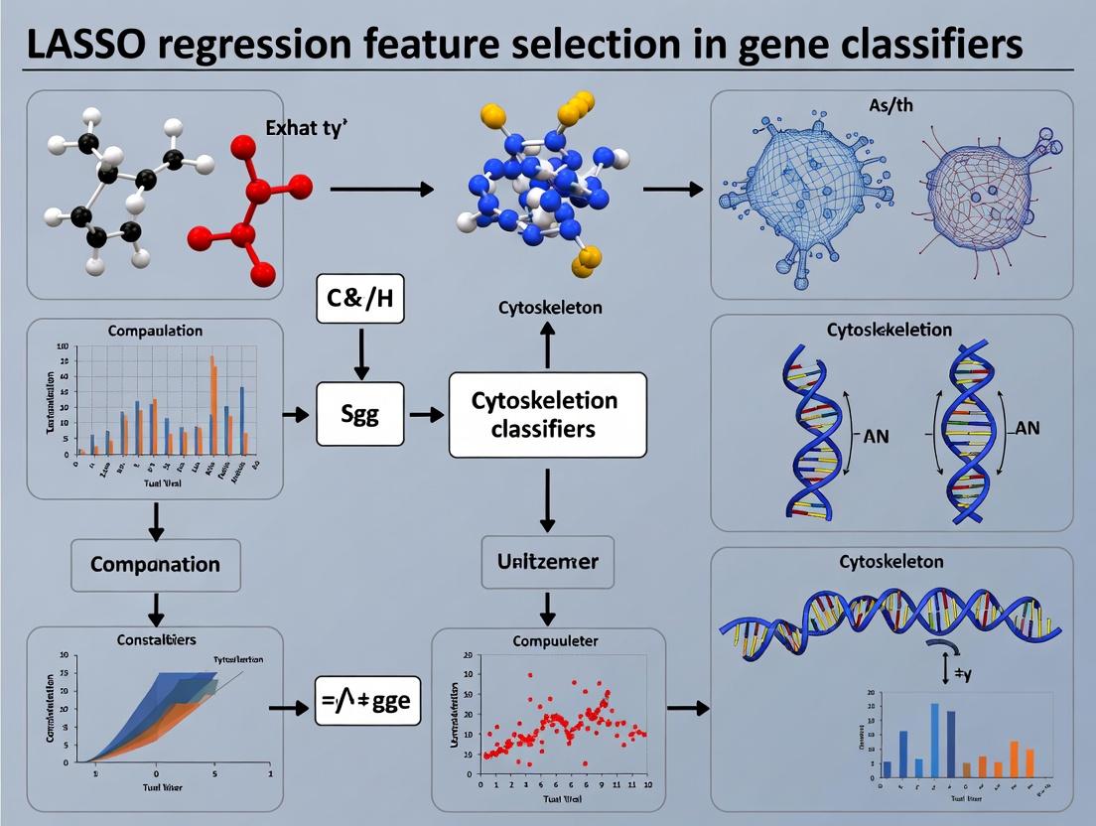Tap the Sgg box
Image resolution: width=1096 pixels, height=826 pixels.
tap(360, 414)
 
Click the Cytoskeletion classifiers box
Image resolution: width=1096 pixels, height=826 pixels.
tap(547, 414)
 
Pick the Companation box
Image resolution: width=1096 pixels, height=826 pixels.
tap(155, 565)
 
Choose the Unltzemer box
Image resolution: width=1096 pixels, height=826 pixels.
tap(546, 562)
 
